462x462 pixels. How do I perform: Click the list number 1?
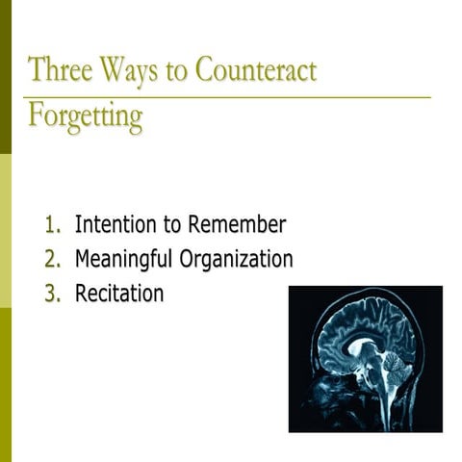click(x=53, y=225)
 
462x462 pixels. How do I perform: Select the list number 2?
click(x=53, y=259)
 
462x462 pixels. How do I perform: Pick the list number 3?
click(x=53, y=293)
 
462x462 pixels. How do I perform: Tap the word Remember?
click(x=237, y=225)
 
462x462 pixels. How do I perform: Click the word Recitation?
click(x=119, y=293)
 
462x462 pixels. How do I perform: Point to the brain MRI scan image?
click(x=365, y=358)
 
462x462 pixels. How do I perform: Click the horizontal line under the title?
click(x=231, y=97)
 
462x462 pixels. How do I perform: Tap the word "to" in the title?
click(x=176, y=71)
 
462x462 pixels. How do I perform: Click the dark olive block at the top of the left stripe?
click(x=6, y=77)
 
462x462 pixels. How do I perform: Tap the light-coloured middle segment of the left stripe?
click(x=6, y=231)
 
